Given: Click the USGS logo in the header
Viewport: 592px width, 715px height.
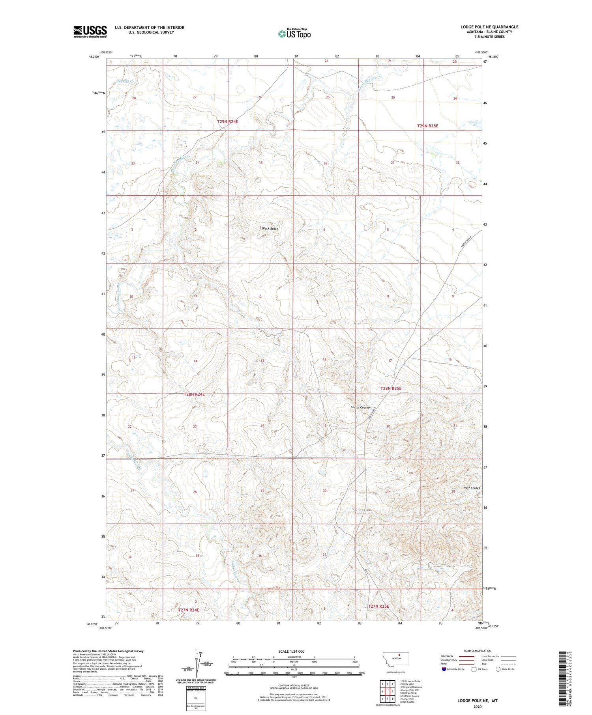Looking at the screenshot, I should pyautogui.click(x=90, y=32).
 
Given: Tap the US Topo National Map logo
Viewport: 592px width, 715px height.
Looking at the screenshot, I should pyautogui.click(x=294, y=34).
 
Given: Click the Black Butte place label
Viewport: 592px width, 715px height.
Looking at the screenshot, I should pyautogui.click(x=270, y=229).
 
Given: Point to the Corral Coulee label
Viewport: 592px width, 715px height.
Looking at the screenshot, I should pyautogui.click(x=360, y=407).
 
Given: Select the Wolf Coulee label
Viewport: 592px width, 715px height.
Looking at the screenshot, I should pyautogui.click(x=472, y=488).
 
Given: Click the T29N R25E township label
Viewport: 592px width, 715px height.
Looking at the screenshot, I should pyautogui.click(x=427, y=126).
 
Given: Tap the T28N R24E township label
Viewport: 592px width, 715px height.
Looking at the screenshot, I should pyautogui.click(x=194, y=394).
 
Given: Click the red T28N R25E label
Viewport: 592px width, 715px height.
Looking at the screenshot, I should pyautogui.click(x=391, y=388).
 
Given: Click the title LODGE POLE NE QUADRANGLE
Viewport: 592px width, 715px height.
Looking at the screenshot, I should pyautogui.click(x=489, y=27).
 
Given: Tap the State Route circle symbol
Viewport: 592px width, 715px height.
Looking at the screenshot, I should pyautogui.click(x=498, y=669).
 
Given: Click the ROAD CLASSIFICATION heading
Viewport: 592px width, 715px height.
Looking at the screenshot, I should pyautogui.click(x=478, y=651).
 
